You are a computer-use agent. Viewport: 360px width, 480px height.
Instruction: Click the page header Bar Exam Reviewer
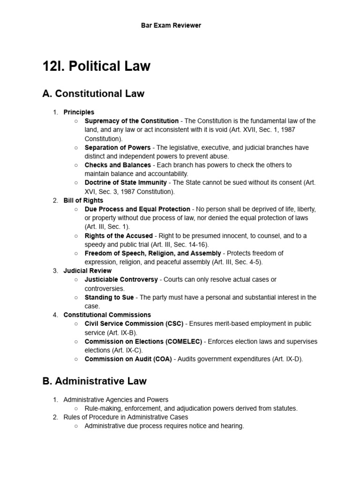(x=171, y=25)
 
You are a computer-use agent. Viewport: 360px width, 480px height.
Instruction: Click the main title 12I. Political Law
(x=97, y=66)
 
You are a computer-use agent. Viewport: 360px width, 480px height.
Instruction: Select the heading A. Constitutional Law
(x=93, y=94)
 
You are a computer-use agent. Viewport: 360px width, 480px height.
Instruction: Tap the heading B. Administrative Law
(x=94, y=381)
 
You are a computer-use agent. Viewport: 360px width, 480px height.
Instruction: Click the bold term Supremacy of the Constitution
(x=131, y=121)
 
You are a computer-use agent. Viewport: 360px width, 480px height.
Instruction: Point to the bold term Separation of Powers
(x=118, y=148)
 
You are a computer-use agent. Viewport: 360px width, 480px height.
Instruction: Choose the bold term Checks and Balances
(x=118, y=165)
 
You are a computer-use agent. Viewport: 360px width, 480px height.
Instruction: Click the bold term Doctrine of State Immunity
(x=126, y=183)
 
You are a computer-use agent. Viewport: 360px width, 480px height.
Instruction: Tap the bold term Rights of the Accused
(x=119, y=236)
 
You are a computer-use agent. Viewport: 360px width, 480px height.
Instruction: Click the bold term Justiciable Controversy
(x=121, y=279)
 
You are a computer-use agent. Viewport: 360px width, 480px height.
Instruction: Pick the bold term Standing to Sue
(x=109, y=297)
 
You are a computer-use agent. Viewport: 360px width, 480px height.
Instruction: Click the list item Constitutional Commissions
(x=107, y=315)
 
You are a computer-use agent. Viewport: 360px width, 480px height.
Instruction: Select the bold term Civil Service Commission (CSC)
(x=135, y=324)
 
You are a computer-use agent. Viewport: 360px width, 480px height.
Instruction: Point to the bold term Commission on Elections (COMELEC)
(x=143, y=341)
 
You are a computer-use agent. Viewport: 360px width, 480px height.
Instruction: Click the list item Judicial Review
(x=88, y=271)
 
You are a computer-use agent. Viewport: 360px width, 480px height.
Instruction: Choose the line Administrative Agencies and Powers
(x=116, y=400)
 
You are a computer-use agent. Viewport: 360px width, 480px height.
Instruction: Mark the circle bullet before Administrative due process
(x=76, y=426)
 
